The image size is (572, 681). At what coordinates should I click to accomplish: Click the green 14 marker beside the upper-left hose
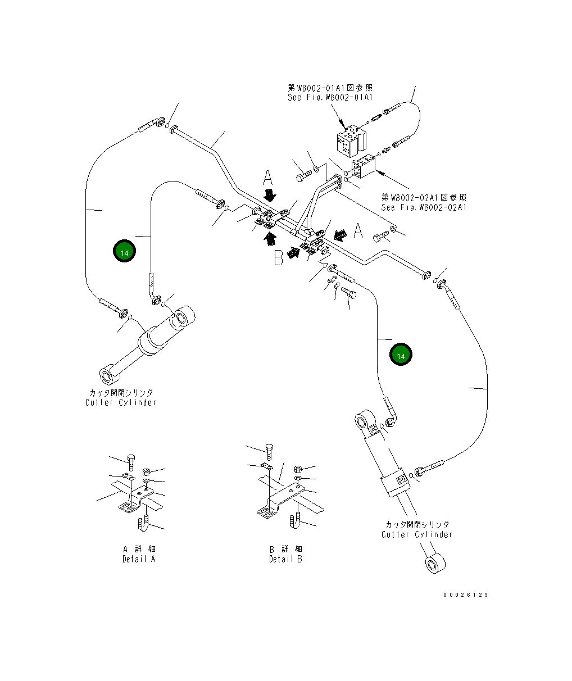pyautogui.click(x=124, y=252)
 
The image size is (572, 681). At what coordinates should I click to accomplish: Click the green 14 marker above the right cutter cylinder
pyautogui.click(x=401, y=355)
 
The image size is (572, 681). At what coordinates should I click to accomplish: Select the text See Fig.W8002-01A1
pyautogui.click(x=329, y=97)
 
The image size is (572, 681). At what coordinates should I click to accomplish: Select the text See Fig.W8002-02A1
pyautogui.click(x=424, y=207)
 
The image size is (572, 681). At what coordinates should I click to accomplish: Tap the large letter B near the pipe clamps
pyautogui.click(x=278, y=257)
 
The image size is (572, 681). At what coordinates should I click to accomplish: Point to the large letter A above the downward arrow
pyautogui.click(x=269, y=179)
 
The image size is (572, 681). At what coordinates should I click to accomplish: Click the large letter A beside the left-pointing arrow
pyautogui.click(x=358, y=230)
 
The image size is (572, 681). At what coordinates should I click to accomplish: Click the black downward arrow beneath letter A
pyautogui.click(x=270, y=196)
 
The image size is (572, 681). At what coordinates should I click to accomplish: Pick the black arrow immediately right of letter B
pyautogui.click(x=293, y=253)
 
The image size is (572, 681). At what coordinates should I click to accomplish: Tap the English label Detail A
pyautogui.click(x=139, y=559)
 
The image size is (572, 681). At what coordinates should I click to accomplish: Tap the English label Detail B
pyautogui.click(x=285, y=559)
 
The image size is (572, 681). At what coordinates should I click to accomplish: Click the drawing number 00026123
pyautogui.click(x=465, y=594)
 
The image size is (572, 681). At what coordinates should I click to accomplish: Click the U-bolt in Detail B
pyautogui.click(x=295, y=521)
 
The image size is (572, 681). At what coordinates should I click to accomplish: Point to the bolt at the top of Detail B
pyautogui.click(x=270, y=450)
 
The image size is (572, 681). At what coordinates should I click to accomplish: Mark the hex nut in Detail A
pyautogui.click(x=146, y=471)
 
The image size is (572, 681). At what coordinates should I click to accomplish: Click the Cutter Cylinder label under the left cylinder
pyautogui.click(x=121, y=402)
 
